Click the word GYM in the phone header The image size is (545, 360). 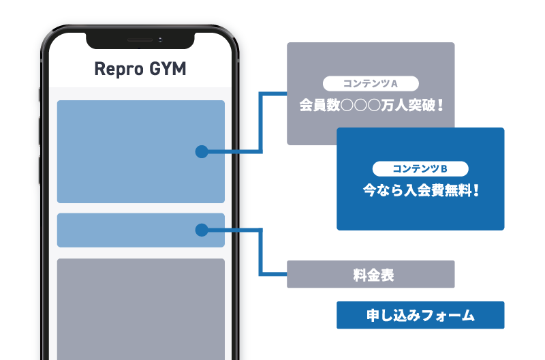tap(168, 70)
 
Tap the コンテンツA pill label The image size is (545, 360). tap(370, 84)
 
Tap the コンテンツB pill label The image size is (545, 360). tap(420, 168)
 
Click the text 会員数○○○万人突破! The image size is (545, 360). tap(371, 106)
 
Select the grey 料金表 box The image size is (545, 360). tap(371, 275)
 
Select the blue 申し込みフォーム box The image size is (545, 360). tap(420, 316)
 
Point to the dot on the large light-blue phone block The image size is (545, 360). tap(201, 151)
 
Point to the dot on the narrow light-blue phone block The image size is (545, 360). tap(201, 230)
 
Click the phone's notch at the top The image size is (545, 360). tap(140, 40)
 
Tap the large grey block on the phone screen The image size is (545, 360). tap(140, 307)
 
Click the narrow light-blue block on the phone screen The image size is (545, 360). tap(123, 230)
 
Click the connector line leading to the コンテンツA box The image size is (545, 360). tap(261, 123)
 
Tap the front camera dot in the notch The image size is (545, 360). tap(160, 40)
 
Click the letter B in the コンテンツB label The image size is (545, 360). tap(443, 168)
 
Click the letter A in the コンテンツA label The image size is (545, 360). tap(393, 84)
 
